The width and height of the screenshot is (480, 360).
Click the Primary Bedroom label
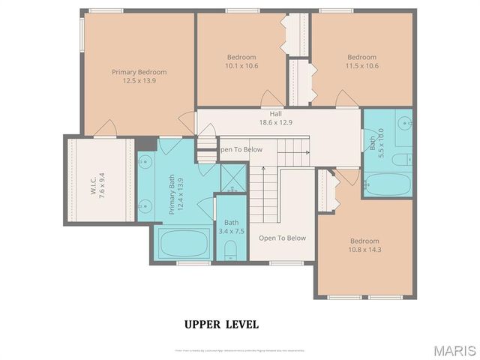point(139,72)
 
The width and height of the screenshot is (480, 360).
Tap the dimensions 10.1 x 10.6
point(241,65)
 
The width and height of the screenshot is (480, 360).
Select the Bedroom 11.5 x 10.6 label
point(361,57)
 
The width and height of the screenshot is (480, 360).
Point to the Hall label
point(276,113)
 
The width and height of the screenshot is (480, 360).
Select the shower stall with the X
point(233,178)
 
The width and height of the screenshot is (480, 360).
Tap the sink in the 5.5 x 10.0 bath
point(403,123)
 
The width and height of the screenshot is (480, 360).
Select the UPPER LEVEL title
point(221,324)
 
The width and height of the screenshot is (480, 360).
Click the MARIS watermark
point(454,350)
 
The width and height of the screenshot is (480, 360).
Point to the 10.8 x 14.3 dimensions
point(366,250)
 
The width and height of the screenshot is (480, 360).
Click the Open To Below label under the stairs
point(282,238)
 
